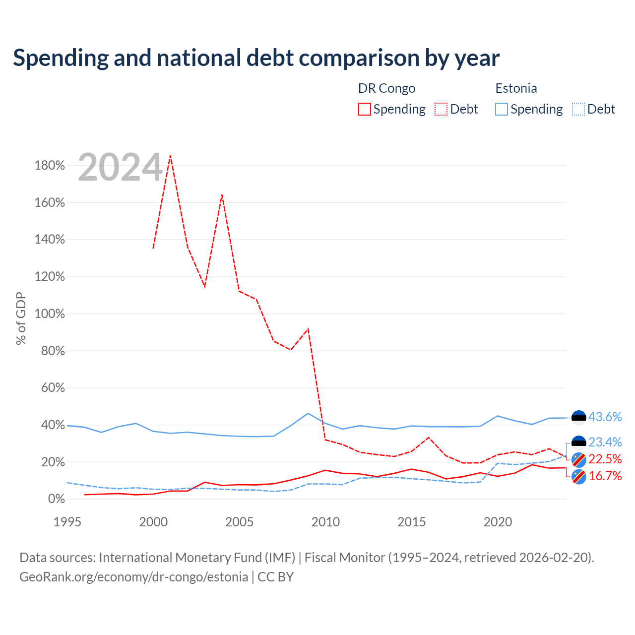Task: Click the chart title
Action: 256,58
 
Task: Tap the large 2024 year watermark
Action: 120,167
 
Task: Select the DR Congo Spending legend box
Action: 364,109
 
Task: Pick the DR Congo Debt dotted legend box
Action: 441,109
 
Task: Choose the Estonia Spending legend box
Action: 501,109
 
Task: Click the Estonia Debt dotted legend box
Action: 578,109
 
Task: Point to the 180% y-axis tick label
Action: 50,165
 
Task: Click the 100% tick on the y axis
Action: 50,314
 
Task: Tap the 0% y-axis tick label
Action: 57,499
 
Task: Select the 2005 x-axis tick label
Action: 239,522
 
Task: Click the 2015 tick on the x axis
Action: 412,522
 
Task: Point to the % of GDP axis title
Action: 21,318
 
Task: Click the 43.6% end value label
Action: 605,417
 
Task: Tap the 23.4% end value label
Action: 605,442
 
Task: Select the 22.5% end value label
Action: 605,459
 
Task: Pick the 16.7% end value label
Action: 605,476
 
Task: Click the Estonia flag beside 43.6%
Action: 578,418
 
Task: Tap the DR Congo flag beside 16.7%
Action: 578,477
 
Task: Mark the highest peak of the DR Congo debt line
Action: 170,156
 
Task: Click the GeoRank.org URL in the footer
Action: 134,577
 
